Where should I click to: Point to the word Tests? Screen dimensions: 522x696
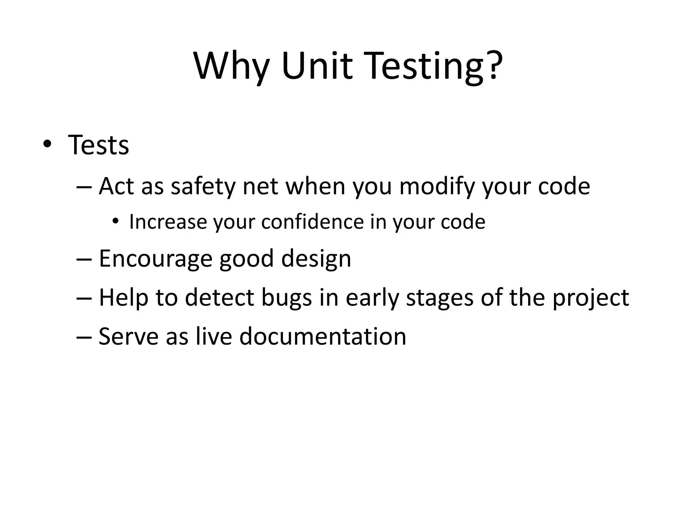click(x=99, y=145)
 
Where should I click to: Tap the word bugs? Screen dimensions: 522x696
click(x=286, y=298)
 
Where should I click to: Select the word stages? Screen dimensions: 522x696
click(x=439, y=298)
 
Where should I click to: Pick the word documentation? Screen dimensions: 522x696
click(x=323, y=336)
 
